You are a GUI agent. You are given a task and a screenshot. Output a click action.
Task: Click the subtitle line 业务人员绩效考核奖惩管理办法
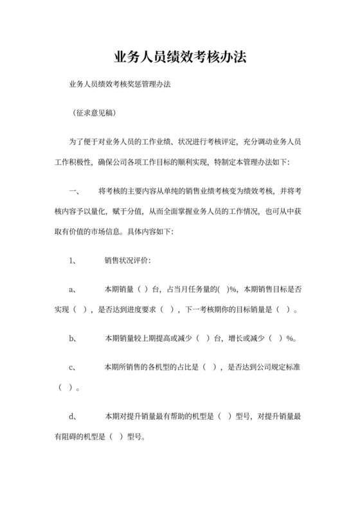(x=119, y=84)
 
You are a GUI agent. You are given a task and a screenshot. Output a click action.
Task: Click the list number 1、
(x=73, y=260)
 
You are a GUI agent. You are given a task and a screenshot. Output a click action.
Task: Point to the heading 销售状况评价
(x=128, y=260)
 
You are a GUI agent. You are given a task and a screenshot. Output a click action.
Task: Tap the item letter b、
(x=73, y=338)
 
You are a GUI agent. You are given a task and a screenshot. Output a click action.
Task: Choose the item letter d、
(x=73, y=415)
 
